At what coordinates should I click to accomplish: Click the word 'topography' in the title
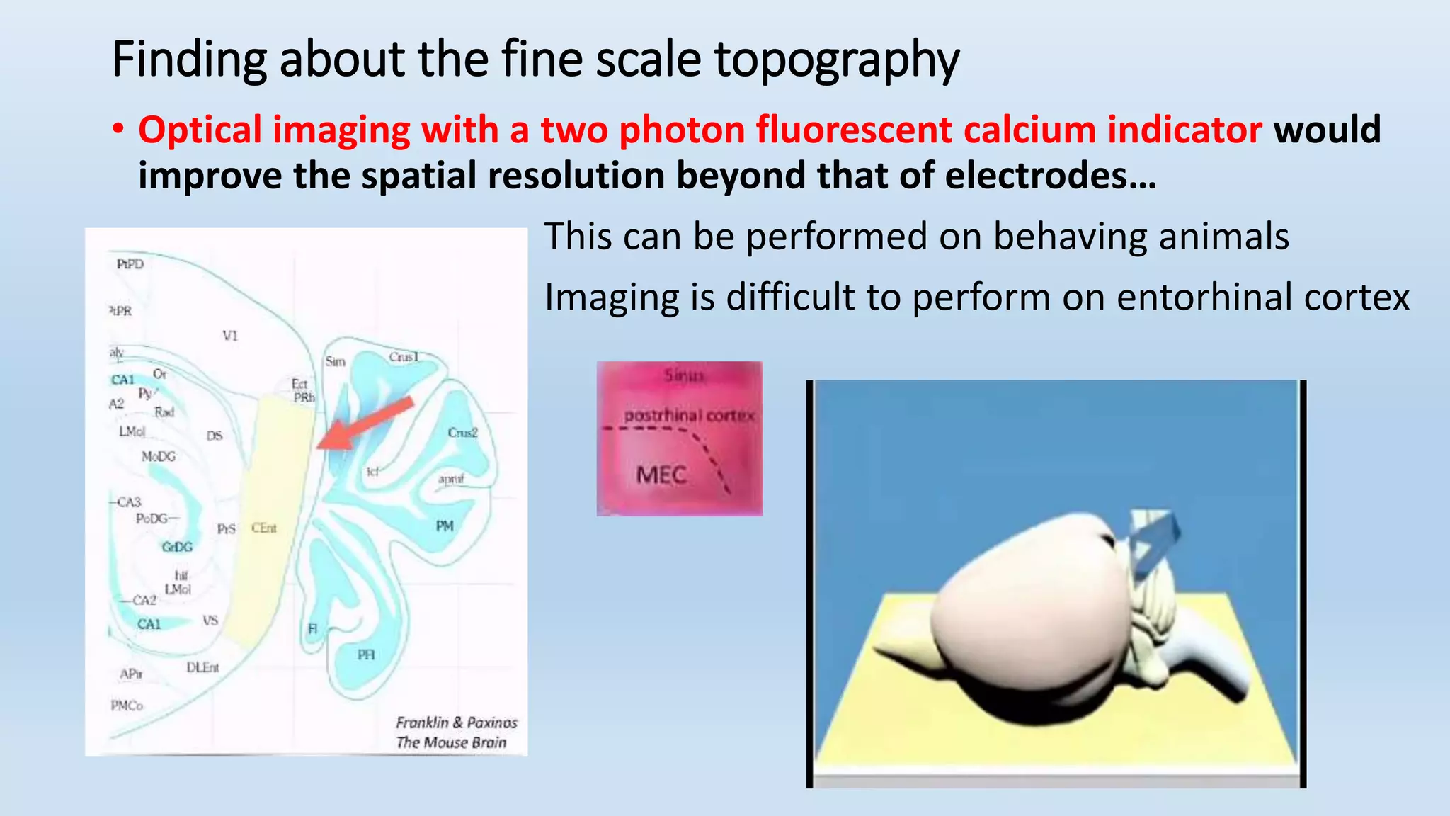click(x=836, y=60)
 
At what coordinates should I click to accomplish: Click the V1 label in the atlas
click(x=230, y=336)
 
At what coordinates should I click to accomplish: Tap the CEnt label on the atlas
click(x=264, y=528)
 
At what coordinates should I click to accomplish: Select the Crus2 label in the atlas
click(x=463, y=433)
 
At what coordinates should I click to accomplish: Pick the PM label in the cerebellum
click(x=445, y=526)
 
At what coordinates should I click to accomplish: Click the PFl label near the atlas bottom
click(x=366, y=654)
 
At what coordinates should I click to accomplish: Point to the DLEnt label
click(x=202, y=667)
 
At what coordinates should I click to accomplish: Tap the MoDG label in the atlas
click(x=158, y=457)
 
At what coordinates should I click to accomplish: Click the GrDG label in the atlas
click(x=177, y=547)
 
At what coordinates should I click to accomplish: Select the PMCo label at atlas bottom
click(x=127, y=705)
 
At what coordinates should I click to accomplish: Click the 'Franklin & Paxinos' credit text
click(x=457, y=722)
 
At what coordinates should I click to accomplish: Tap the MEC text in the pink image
click(x=661, y=475)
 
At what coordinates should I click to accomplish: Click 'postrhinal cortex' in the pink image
click(x=689, y=415)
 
